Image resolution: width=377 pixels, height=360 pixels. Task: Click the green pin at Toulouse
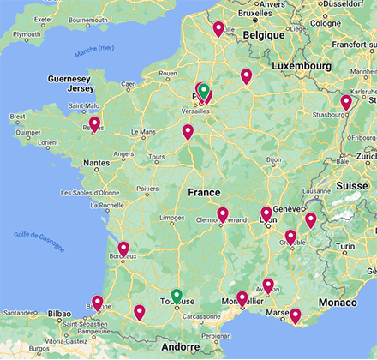176,296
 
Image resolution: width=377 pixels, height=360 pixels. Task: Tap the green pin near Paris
202,89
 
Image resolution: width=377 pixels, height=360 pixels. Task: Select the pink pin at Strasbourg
346,101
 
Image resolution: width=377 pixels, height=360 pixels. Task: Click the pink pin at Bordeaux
123,249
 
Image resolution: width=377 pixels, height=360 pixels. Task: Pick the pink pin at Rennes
94,123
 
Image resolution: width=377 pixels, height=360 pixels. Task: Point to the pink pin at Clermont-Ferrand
223,213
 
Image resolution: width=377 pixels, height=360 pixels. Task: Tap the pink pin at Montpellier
242,297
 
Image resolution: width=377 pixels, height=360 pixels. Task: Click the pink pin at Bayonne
98,302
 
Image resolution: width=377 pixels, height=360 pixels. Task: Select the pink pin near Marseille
296,315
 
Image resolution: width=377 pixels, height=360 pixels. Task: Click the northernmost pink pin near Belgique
218,28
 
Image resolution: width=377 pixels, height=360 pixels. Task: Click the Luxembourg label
301,66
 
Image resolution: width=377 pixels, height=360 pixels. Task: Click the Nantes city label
96,162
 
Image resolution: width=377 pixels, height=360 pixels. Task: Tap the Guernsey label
69,78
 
